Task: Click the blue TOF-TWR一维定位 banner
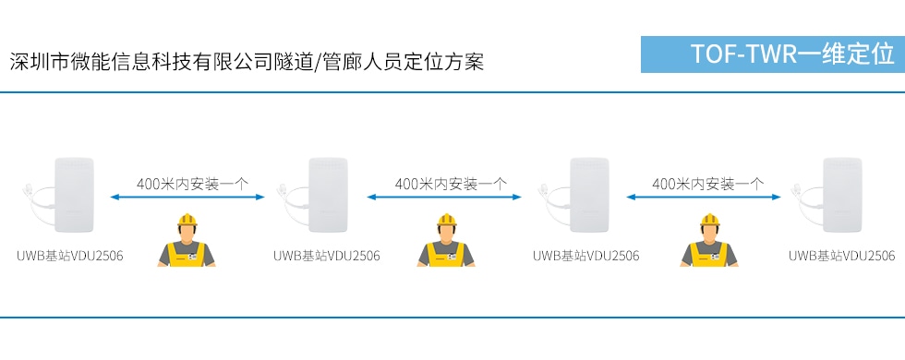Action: click(772, 54)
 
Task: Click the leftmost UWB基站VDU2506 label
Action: click(70, 256)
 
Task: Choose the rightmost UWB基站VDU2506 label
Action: click(841, 256)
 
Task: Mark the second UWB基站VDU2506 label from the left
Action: click(327, 256)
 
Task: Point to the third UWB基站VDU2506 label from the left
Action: click(585, 256)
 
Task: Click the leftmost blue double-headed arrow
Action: click(188, 197)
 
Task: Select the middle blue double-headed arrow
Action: click(445, 197)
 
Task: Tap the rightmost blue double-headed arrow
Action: click(704, 197)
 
